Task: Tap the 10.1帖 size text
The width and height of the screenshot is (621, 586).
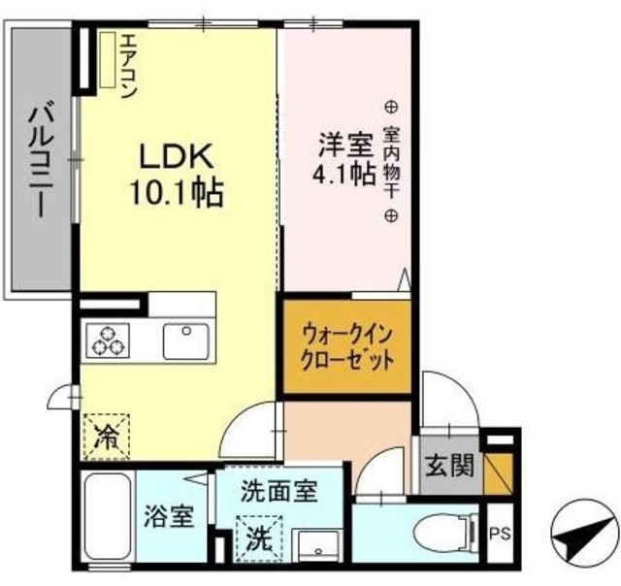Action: tap(178, 191)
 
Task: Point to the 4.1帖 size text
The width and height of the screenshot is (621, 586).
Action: tap(343, 177)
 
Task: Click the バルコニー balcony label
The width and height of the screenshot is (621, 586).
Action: tap(42, 159)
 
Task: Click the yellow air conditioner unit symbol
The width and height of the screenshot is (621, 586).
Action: tap(106, 60)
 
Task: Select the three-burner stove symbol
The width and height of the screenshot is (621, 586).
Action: tap(108, 341)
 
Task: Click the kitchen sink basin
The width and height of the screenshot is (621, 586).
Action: tap(186, 341)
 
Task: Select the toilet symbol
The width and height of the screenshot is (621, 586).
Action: tap(445, 532)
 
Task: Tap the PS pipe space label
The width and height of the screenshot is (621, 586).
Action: tap(501, 532)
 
